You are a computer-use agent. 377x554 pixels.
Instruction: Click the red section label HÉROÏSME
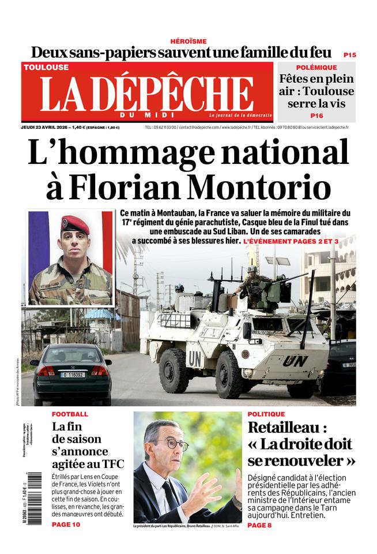(x=188, y=41)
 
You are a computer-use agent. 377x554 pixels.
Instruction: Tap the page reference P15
(x=349, y=55)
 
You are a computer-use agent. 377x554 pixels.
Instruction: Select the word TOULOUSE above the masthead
(x=46, y=68)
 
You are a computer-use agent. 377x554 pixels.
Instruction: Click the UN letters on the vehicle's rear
(x=295, y=361)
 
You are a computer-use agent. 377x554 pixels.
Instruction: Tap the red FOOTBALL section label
(x=70, y=414)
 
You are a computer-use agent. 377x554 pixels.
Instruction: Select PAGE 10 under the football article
(x=66, y=525)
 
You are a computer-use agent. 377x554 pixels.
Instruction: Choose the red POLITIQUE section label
(x=266, y=414)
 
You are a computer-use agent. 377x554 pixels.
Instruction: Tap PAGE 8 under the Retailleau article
(x=260, y=525)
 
